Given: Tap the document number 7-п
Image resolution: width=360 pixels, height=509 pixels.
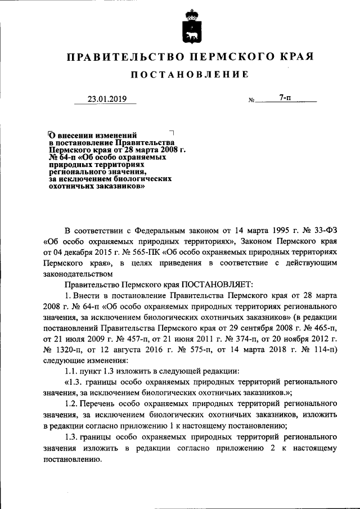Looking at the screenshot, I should coord(285,98).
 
